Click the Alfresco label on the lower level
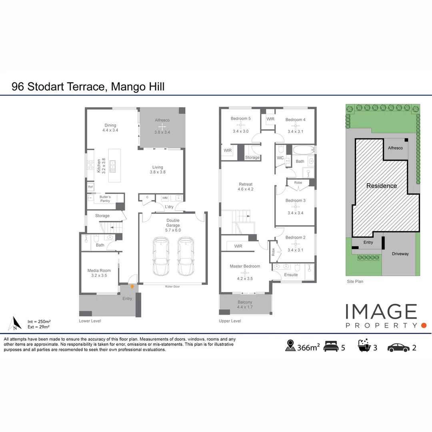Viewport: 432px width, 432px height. click(162, 120)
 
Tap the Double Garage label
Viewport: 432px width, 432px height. click(173, 220)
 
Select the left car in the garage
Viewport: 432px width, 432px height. click(160, 256)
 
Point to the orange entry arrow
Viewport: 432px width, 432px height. click(132, 286)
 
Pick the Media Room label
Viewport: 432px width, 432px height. click(99, 271)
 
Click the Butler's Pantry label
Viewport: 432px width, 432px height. click(105, 199)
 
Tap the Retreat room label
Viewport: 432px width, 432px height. click(245, 184)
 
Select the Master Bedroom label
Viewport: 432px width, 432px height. click(245, 266)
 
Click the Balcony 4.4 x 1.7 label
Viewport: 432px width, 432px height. click(245, 304)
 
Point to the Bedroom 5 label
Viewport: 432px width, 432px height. click(240, 119)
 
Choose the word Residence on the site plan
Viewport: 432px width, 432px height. click(382, 186)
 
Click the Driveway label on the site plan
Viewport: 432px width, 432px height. click(400, 254)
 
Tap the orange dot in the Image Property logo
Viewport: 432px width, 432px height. click(424, 326)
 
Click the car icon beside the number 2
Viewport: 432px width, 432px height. click(398, 347)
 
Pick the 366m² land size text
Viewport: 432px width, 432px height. click(308, 348)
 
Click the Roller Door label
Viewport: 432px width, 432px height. click(173, 287)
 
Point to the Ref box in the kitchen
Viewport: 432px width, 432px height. click(90, 187)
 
